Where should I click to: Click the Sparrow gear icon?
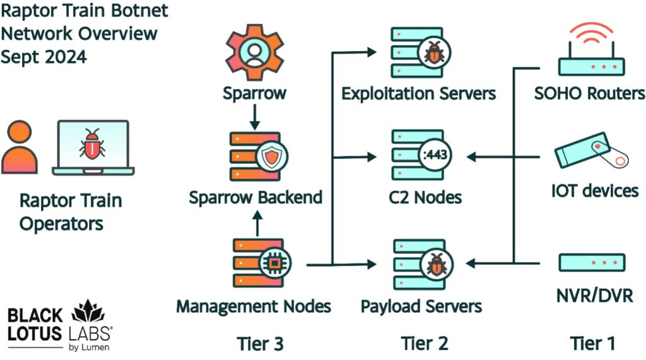(x=254, y=50)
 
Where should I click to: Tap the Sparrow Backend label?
(x=255, y=197)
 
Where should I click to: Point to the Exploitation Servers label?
(x=419, y=94)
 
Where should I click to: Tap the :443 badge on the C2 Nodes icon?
(x=434, y=156)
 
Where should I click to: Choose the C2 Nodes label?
(x=425, y=197)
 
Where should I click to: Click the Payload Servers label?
(x=421, y=306)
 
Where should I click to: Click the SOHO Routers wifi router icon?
(x=591, y=54)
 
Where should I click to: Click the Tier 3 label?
(x=260, y=344)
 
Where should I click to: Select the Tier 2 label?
(x=425, y=344)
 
